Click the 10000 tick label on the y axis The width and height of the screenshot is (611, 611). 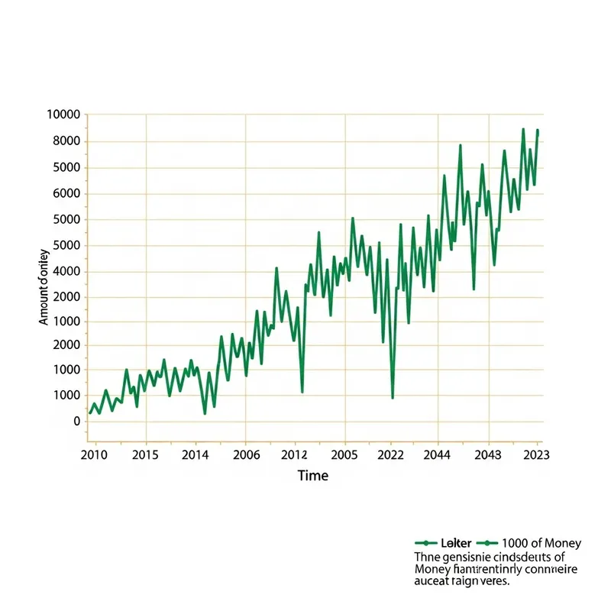(63, 115)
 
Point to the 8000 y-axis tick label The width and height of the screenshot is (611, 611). (66, 141)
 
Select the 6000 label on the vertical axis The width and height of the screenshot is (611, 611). (66, 194)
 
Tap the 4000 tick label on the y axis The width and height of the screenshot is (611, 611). (66, 272)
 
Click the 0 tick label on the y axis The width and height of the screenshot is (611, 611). (76, 421)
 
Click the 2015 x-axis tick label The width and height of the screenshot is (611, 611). (144, 454)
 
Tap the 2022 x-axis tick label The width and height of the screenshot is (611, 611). (391, 454)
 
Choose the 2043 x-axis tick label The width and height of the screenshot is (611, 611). (488, 454)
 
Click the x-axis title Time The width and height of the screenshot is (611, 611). (313, 476)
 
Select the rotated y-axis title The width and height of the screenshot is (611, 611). (44, 286)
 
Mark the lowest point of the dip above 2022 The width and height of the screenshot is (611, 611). (393, 397)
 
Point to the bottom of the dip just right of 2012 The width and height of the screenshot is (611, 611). (302, 392)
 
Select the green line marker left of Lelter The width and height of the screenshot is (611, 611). (425, 543)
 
